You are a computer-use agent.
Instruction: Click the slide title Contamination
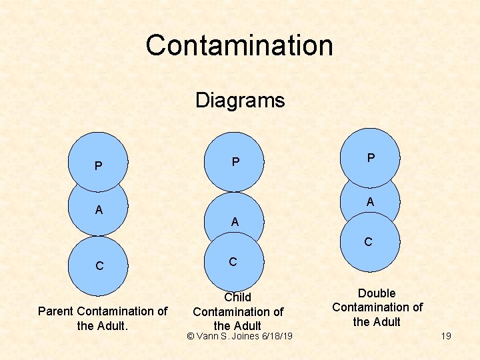239,45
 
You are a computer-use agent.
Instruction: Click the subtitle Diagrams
240,101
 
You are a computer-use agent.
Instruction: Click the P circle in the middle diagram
234,162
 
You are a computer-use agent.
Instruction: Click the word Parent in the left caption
56,311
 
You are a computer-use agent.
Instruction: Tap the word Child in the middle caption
238,297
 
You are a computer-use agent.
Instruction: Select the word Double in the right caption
377,293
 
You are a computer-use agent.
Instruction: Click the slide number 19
446,336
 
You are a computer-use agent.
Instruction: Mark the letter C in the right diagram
368,243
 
